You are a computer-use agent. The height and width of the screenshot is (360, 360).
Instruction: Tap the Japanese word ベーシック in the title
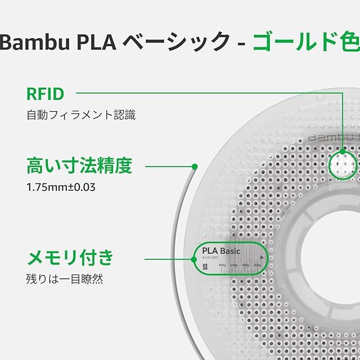pyautogui.click(x=176, y=42)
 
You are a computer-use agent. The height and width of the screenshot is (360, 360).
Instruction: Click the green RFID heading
pyautogui.click(x=46, y=93)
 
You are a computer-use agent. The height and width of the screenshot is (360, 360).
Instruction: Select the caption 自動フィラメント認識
pyautogui.click(x=81, y=115)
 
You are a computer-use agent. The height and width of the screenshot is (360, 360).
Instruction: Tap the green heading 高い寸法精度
pyautogui.click(x=79, y=166)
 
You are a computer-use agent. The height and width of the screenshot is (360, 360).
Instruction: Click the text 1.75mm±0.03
pyautogui.click(x=61, y=187)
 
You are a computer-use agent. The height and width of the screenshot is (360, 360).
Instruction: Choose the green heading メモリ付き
pyautogui.click(x=70, y=258)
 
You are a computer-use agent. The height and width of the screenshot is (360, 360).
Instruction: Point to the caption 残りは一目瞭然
pyautogui.click(x=65, y=278)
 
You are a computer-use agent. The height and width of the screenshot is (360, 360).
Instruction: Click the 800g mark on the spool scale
pyautogui.click(x=222, y=265)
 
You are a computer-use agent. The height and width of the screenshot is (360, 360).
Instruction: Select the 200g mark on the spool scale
pyautogui.click(x=257, y=265)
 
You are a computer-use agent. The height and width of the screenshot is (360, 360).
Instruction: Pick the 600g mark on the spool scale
pyautogui.click(x=234, y=265)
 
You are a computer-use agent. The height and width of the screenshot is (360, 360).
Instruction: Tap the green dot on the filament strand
pyautogui.click(x=194, y=166)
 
